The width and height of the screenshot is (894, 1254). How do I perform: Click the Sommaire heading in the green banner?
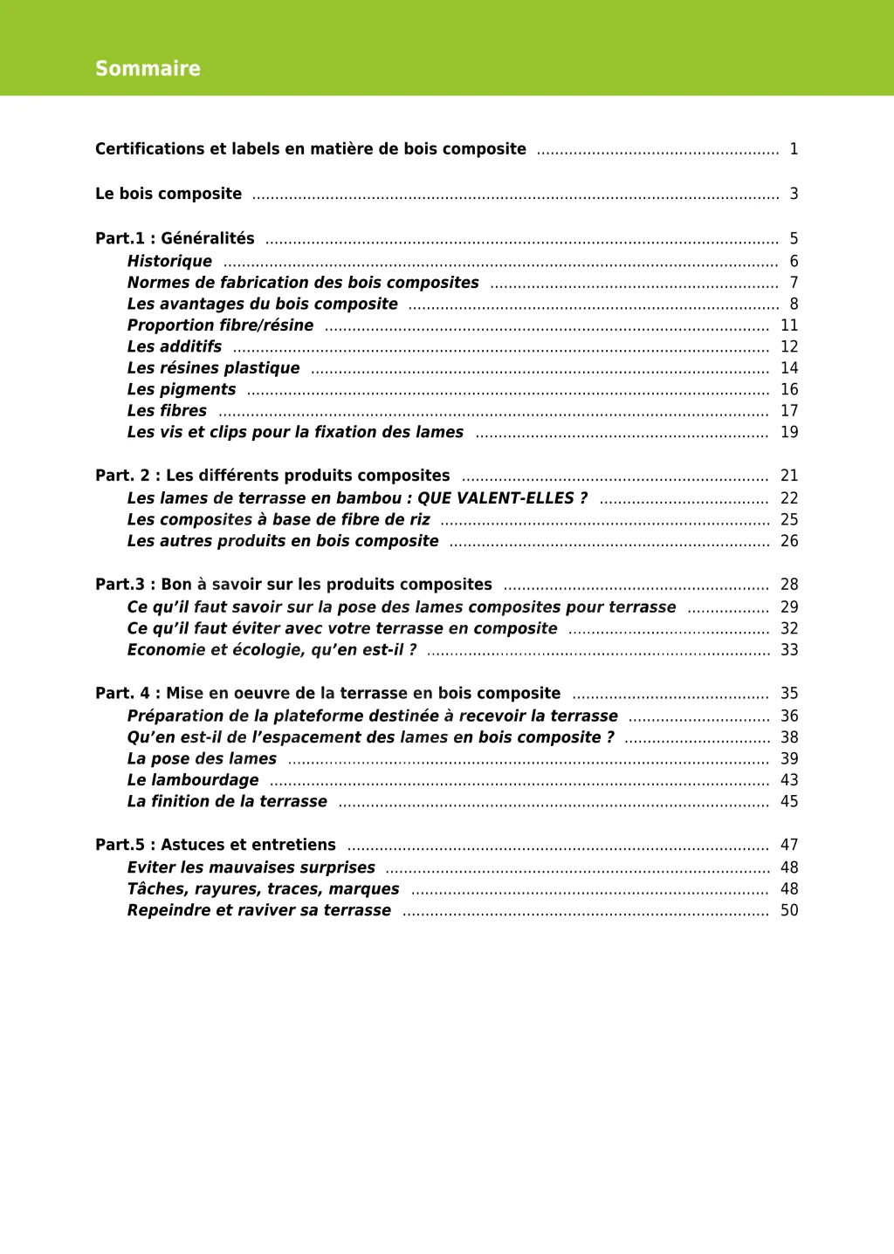148,69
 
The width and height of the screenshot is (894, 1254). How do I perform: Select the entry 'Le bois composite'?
168,194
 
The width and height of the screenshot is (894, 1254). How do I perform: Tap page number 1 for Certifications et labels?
794,149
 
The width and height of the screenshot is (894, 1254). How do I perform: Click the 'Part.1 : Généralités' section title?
175,238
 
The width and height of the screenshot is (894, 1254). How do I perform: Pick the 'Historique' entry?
169,261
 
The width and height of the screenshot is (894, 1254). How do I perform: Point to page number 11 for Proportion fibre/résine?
789,325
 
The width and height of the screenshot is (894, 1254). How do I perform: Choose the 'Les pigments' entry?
182,389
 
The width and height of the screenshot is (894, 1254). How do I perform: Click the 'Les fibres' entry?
167,411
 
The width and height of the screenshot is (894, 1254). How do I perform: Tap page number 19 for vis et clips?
789,432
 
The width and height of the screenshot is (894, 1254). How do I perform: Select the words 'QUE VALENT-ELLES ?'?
502,498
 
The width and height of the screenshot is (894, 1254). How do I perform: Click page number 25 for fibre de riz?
789,520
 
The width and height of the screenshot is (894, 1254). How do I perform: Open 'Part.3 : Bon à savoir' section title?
293,585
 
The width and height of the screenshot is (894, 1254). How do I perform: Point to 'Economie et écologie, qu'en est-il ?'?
272,650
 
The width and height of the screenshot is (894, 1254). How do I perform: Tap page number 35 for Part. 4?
789,694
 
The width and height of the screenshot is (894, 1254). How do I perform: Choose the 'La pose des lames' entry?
202,759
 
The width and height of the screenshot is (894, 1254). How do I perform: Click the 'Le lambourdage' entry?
193,780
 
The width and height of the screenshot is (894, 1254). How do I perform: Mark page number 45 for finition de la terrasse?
789,802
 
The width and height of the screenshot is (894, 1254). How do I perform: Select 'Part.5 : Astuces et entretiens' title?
216,845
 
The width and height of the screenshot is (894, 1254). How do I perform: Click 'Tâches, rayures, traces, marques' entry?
263,889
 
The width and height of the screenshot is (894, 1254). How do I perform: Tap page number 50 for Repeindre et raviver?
789,910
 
